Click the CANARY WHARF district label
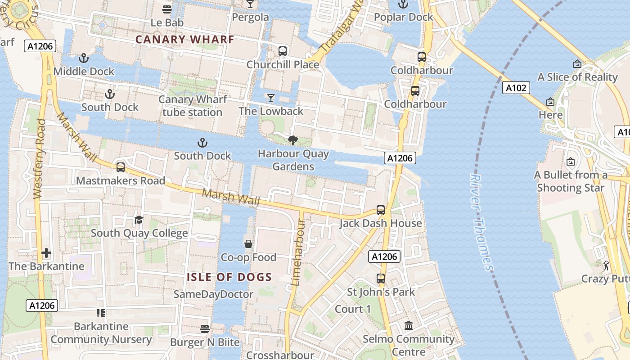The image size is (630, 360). [x=185, y=39]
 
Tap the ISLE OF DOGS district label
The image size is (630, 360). [x=229, y=277]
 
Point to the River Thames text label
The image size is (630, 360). [x=481, y=222]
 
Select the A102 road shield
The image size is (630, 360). [x=516, y=88]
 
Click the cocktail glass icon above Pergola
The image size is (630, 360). [x=250, y=4]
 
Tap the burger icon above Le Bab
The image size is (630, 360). [x=167, y=9]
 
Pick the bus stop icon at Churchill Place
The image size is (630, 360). [x=283, y=51]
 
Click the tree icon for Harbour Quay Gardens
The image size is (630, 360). [x=293, y=140]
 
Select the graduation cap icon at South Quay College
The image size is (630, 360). [x=139, y=220]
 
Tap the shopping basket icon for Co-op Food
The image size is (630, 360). [x=248, y=244]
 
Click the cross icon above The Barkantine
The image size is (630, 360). [x=46, y=253]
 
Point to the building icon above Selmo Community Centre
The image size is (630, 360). [x=409, y=325]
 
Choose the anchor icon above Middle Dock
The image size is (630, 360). [x=83, y=58]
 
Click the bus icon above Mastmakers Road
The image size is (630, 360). [x=120, y=167]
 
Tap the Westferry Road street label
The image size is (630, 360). [x=39, y=159]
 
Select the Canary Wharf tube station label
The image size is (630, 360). [x=193, y=105]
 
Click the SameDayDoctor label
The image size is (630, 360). [x=213, y=294]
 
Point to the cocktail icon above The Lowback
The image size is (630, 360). [x=271, y=98]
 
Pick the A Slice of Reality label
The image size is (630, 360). [x=577, y=77]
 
